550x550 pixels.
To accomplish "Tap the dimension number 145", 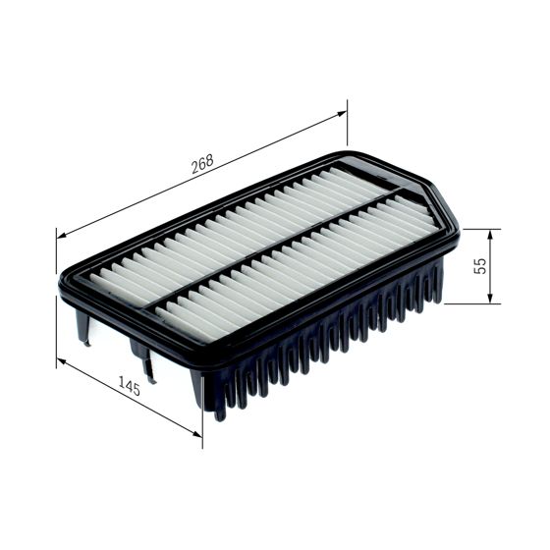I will click(x=129, y=388).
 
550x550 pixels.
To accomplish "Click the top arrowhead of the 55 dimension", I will click(x=489, y=234).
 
